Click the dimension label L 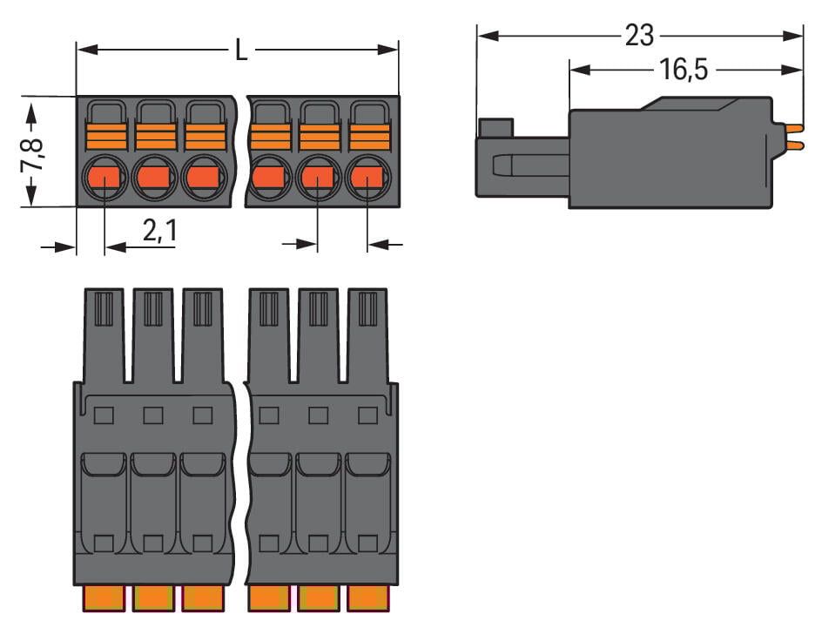(240, 51)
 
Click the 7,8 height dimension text (32, 152)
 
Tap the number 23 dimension (638, 36)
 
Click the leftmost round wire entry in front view (104, 179)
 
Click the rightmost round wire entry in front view (367, 179)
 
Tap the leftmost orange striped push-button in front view (106, 137)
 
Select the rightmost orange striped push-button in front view (369, 137)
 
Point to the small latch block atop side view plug (494, 128)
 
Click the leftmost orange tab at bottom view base (104, 597)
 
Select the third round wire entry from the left (204, 179)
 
